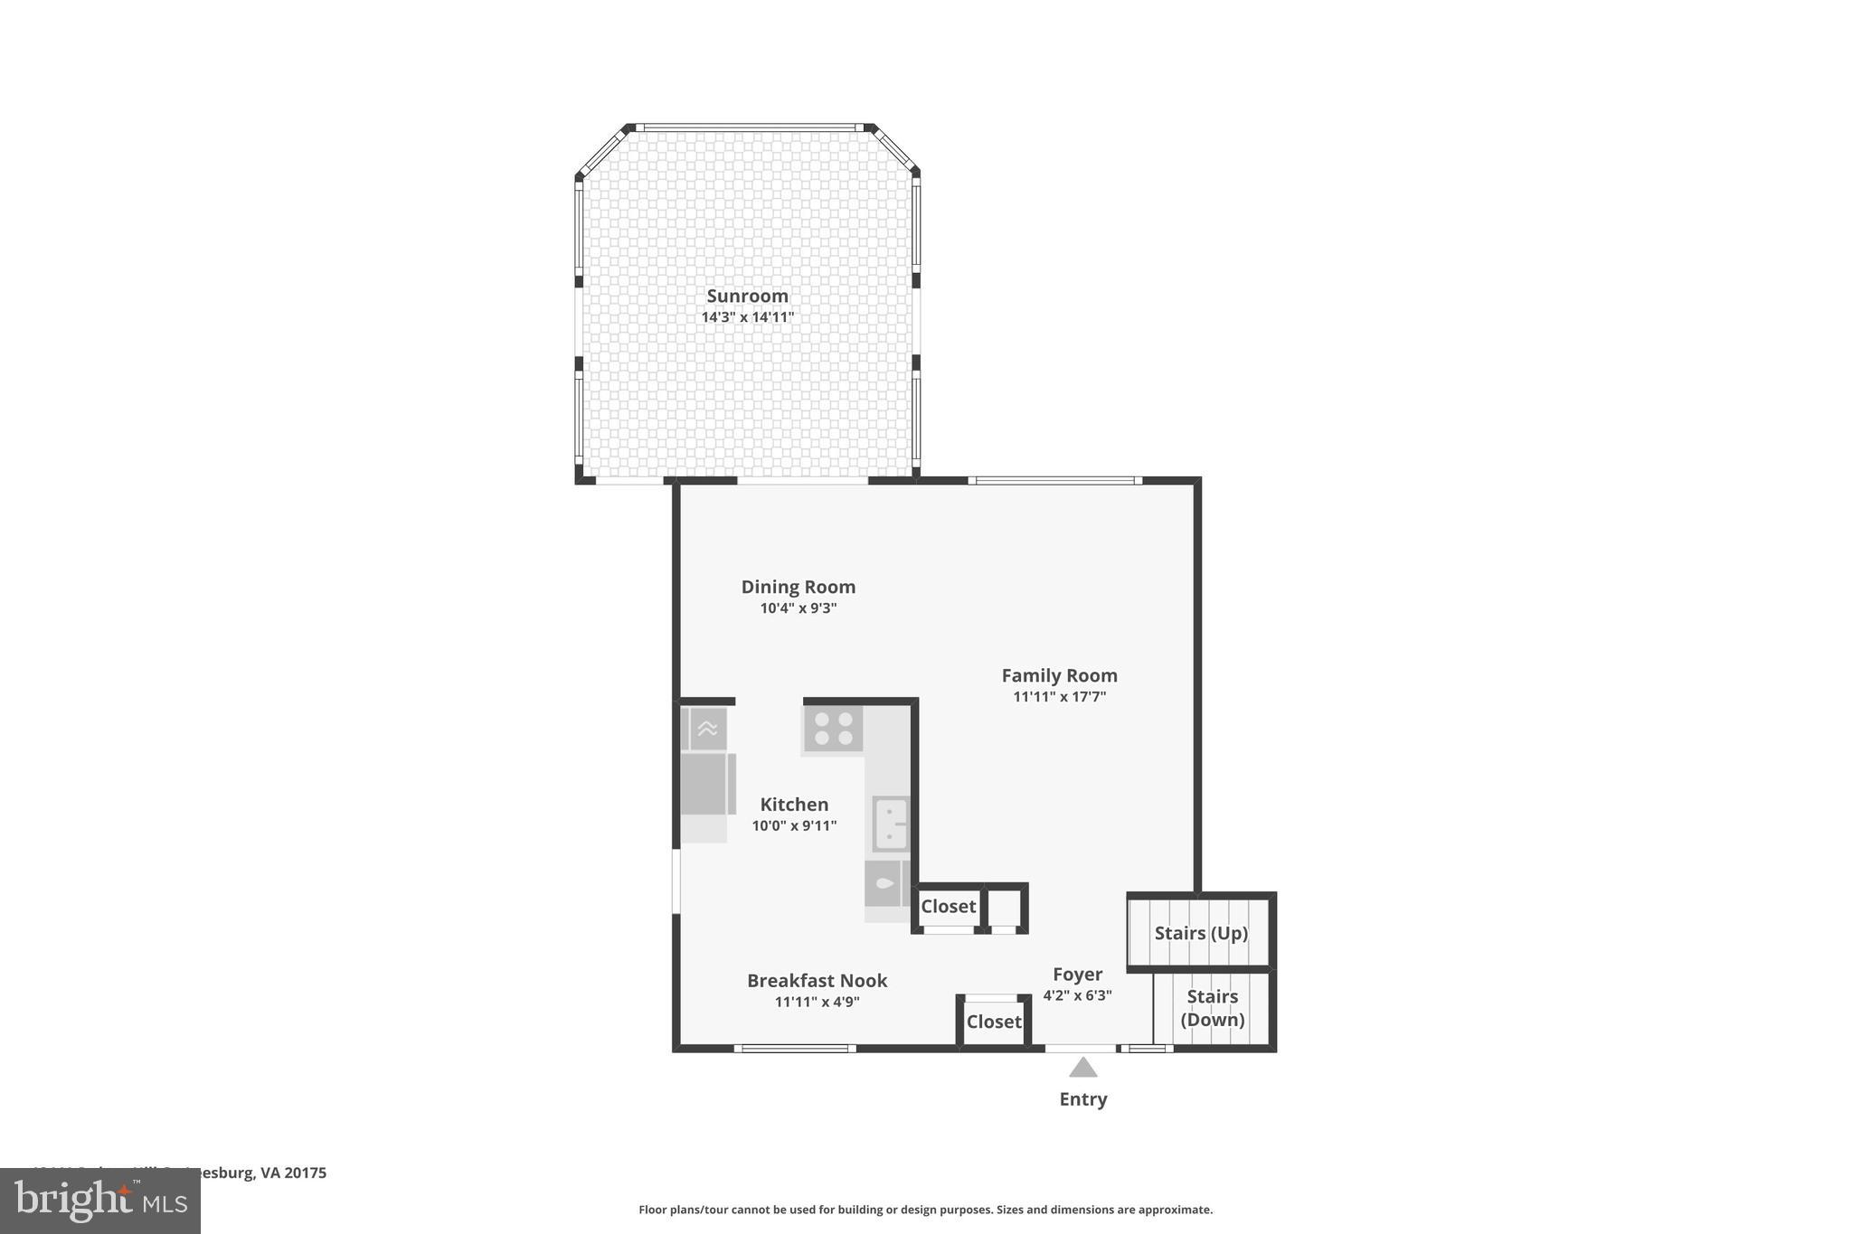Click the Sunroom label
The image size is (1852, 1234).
747,296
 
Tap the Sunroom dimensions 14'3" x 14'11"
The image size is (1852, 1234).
747,317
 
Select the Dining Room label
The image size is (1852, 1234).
798,587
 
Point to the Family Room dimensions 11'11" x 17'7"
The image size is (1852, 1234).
1059,697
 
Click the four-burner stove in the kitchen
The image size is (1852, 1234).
833,730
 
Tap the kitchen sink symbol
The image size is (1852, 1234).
891,824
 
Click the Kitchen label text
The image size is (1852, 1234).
794,805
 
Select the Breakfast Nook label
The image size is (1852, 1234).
817,981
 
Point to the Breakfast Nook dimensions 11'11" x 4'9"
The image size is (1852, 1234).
817,1002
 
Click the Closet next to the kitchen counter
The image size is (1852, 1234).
948,906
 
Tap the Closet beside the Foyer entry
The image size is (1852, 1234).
993,1022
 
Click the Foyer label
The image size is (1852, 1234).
1077,975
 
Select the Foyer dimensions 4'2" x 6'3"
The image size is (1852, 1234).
1077,995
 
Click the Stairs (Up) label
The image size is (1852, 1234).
1201,933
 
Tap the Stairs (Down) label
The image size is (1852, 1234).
1212,1008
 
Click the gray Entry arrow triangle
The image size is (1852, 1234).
1082,1069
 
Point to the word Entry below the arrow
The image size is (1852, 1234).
1082,1099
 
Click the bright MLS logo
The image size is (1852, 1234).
100,1201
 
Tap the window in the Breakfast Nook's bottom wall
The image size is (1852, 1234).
794,1049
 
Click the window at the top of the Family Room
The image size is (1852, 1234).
1054,480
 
